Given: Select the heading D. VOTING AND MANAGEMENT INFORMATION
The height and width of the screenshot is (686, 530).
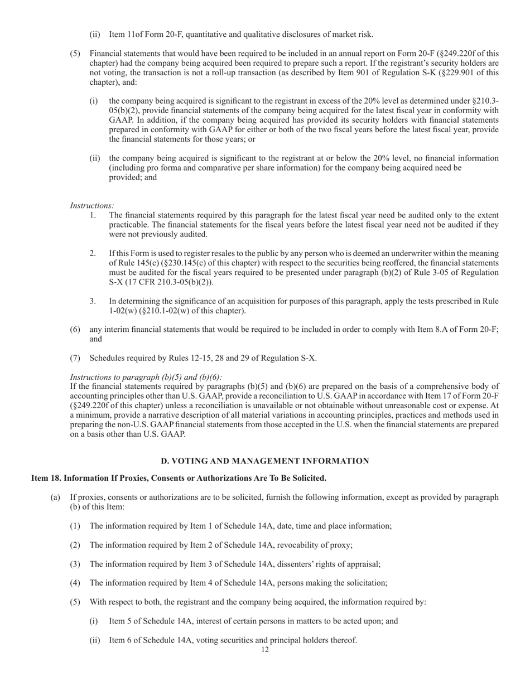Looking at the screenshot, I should [x=265, y=461].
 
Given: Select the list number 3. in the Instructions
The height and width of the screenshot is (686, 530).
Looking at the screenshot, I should [x=93, y=301].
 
